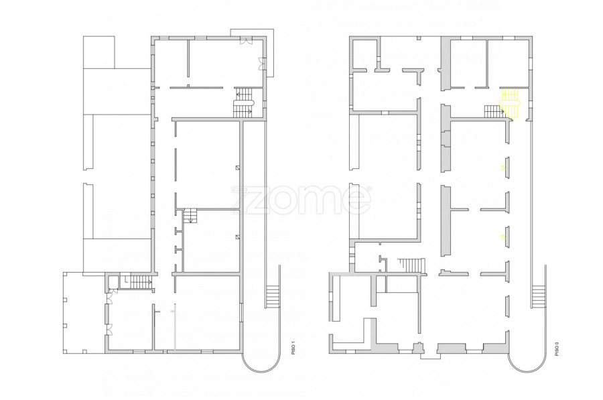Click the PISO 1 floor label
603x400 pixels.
point(293,347)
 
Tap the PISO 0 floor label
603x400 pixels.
point(557,348)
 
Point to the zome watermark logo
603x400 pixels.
point(301,200)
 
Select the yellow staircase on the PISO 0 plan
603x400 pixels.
point(510,103)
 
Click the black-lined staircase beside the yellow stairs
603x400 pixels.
point(494,111)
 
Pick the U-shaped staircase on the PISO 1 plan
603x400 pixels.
point(244,103)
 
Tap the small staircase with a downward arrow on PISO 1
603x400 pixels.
point(190,216)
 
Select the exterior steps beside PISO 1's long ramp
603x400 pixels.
point(273,297)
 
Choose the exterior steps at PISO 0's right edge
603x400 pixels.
point(539,297)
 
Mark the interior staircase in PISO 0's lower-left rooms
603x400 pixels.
point(412,265)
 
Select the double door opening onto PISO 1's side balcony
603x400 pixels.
point(261,64)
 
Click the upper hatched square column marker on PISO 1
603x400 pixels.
point(238,168)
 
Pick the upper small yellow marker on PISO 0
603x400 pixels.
point(503,168)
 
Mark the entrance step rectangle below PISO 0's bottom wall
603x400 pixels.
point(430,356)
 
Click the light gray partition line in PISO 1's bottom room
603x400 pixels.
point(176,327)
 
